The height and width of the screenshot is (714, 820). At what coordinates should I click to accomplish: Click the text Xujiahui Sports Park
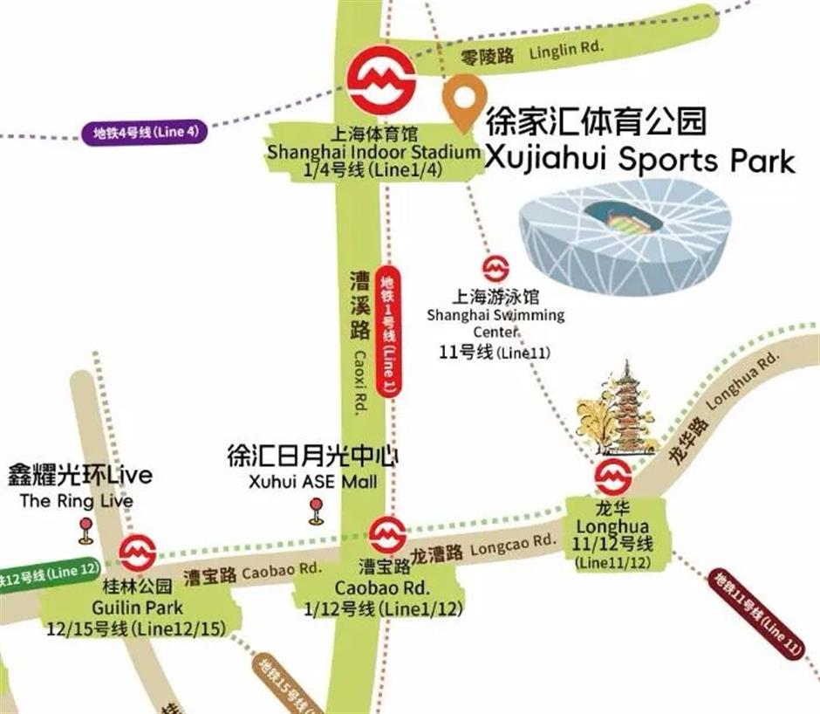[639, 161]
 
